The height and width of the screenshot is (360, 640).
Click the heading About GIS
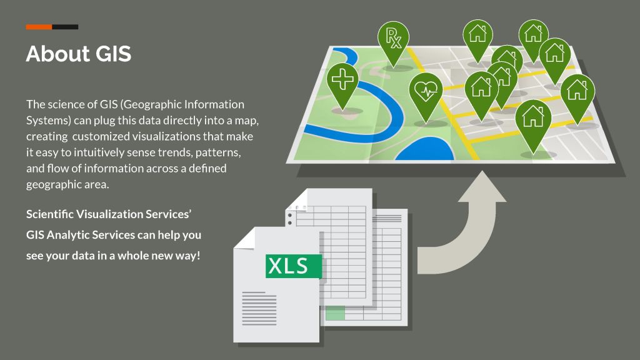(x=79, y=54)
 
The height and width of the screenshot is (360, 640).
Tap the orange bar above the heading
(x=39, y=27)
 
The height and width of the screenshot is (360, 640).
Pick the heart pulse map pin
(x=426, y=91)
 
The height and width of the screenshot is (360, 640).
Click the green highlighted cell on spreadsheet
(x=335, y=312)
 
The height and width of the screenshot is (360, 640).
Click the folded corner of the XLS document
(x=244, y=237)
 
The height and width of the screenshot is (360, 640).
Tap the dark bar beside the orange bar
(x=65, y=27)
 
